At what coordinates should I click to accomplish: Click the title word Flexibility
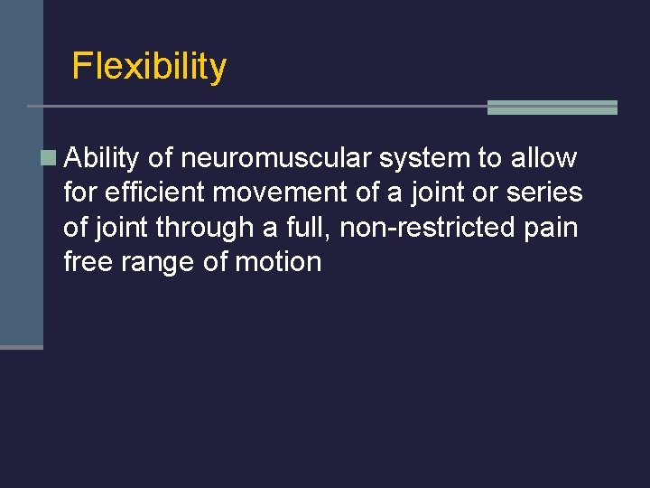[149, 67]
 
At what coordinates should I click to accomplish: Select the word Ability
[102, 159]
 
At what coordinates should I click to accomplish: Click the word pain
[551, 228]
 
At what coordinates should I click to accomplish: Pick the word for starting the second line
[80, 192]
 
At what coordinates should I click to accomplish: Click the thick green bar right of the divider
[552, 108]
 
